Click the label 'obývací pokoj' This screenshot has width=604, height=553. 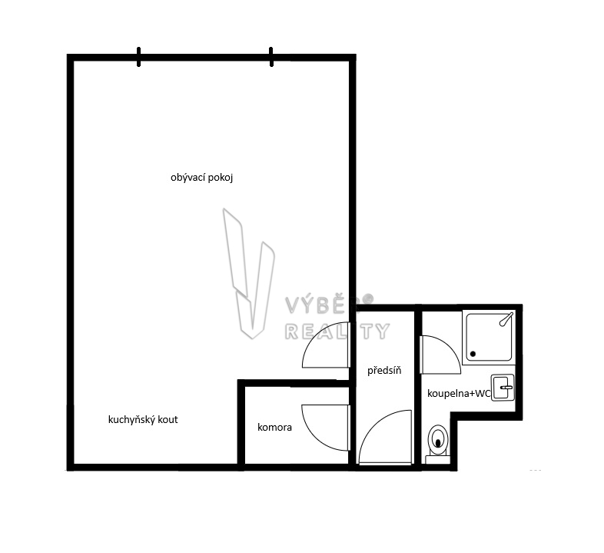pyautogui.click(x=201, y=178)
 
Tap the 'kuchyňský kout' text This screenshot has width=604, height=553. pyautogui.click(x=143, y=420)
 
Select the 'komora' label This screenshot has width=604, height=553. pyautogui.click(x=274, y=428)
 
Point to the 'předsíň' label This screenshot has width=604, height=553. pyautogui.click(x=384, y=371)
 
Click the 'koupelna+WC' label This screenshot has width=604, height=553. pyautogui.click(x=459, y=393)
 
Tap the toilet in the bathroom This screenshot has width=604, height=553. pyautogui.click(x=438, y=444)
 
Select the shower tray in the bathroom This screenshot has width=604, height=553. pyautogui.click(x=490, y=338)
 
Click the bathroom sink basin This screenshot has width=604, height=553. pyautogui.click(x=503, y=387)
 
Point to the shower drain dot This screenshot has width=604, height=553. pyautogui.click(x=473, y=354)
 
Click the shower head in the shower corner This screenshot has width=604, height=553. pyautogui.click(x=506, y=319)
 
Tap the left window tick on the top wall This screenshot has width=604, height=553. pyautogui.click(x=138, y=57)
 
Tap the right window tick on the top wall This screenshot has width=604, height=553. pyautogui.click(x=271, y=57)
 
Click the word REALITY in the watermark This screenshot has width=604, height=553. pyautogui.click(x=337, y=331)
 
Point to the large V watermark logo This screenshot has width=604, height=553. pyautogui.click(x=249, y=274)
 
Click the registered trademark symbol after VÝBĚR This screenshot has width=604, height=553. pyautogui.click(x=369, y=298)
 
